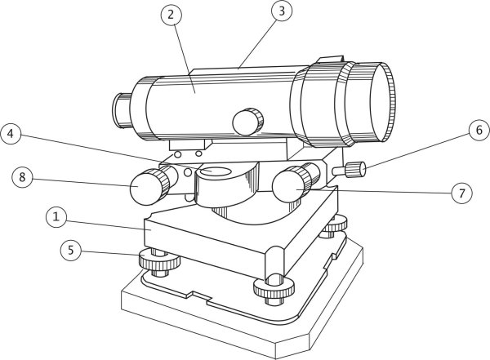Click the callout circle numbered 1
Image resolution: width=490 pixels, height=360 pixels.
[56, 217]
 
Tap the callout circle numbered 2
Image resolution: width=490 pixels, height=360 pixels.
[171, 15]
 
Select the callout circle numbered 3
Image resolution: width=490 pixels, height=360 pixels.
[282, 11]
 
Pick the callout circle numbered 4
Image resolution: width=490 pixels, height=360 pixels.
[11, 134]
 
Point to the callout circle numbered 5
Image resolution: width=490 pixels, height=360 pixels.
[71, 251]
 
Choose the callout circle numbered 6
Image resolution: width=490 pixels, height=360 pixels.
[479, 130]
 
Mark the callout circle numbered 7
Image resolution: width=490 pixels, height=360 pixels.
[461, 193]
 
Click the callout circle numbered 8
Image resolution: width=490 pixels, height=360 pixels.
[22, 177]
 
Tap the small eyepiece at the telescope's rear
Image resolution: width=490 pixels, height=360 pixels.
[122, 110]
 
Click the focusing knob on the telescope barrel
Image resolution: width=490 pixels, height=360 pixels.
[247, 122]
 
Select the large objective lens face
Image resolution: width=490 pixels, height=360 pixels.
[381, 102]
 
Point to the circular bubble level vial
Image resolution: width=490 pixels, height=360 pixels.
[216, 171]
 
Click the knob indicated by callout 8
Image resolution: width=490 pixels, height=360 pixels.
[149, 187]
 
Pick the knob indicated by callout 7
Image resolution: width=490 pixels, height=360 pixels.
[292, 184]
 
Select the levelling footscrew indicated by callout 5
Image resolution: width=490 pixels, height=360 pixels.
[160, 262]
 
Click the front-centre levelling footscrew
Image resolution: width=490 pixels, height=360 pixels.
[274, 289]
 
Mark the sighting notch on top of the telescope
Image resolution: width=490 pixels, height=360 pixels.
[330, 60]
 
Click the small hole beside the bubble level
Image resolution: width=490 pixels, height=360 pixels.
[188, 172]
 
